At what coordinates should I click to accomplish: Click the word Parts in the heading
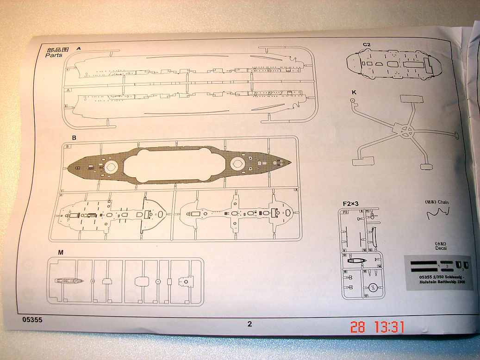pyautogui.click(x=54, y=55)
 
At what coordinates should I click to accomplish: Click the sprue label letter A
pyautogui.click(x=78, y=48)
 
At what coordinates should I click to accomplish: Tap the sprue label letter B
pyautogui.click(x=74, y=138)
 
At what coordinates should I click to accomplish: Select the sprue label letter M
pyautogui.click(x=61, y=252)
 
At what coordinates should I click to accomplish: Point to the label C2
pyautogui.click(x=367, y=44)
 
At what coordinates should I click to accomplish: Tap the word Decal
pyautogui.click(x=441, y=248)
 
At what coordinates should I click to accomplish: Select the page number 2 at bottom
pyautogui.click(x=249, y=324)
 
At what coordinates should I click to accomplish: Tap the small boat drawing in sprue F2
pyautogui.click(x=357, y=261)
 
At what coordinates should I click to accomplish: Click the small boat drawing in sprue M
pyautogui.click(x=69, y=280)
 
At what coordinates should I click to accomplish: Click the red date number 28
pyautogui.click(x=357, y=327)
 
